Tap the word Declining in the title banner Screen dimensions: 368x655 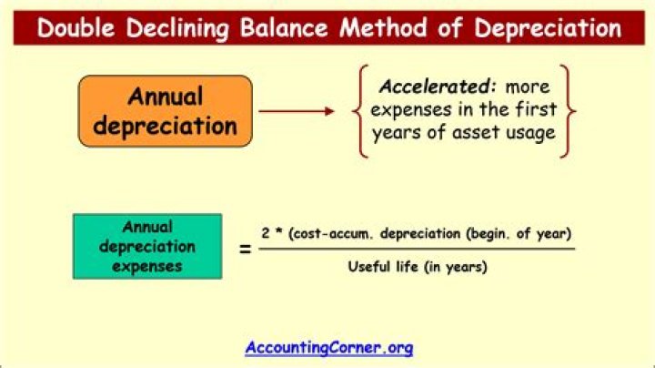[187, 27]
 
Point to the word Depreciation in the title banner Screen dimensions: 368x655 [545, 27]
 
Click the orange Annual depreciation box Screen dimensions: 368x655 [165, 111]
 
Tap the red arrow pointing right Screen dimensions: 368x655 [297, 112]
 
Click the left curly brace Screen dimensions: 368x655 [361, 111]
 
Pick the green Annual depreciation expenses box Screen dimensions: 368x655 [147, 247]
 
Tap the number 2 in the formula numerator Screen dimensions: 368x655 [265, 233]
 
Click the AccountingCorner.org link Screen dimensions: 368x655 [328, 347]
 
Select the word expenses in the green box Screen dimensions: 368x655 [147, 267]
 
